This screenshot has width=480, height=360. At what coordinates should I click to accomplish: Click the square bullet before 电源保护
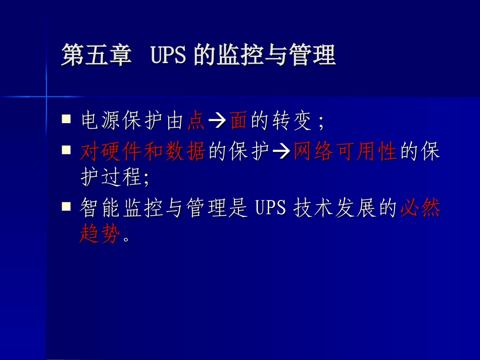(x=66, y=120)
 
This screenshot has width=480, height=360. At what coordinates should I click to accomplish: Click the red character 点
(x=196, y=121)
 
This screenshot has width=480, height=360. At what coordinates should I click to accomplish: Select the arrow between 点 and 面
(x=218, y=122)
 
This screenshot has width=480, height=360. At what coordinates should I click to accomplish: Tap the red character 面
(x=238, y=121)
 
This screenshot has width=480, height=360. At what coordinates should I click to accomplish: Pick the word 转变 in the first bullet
(x=294, y=121)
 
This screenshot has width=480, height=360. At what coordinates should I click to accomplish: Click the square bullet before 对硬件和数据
(x=66, y=150)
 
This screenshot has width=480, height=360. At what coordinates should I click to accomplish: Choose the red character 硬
(x=112, y=151)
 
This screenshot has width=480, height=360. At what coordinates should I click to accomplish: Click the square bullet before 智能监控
(x=66, y=207)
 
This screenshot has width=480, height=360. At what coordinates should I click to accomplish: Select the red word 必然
(x=419, y=208)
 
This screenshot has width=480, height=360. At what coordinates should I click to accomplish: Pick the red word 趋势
(x=101, y=234)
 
